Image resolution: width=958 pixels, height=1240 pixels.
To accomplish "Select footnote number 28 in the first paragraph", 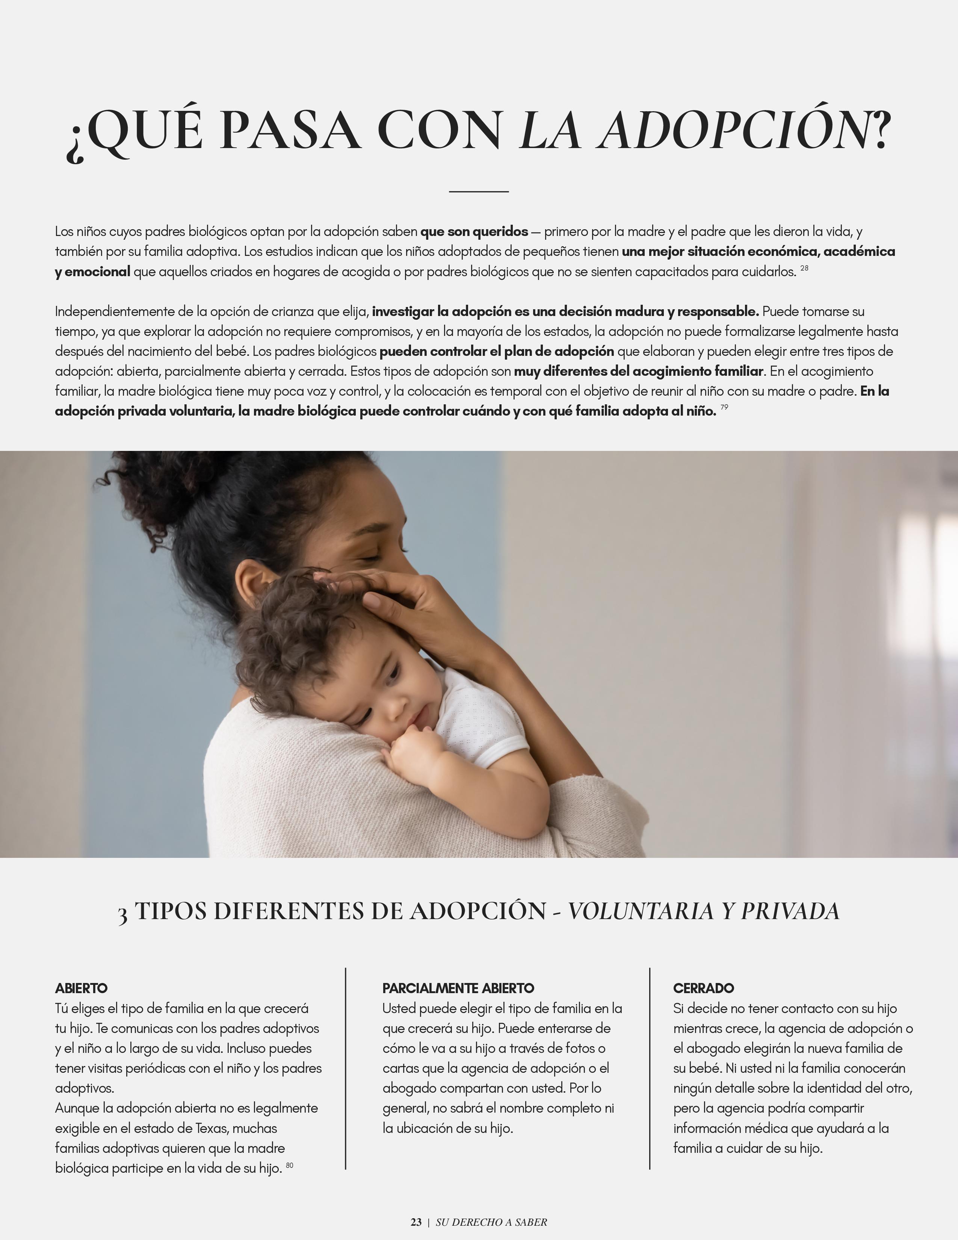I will [x=804, y=268].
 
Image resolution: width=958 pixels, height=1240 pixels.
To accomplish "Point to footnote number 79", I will [x=724, y=407].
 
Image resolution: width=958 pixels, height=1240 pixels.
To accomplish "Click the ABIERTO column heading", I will [x=81, y=988].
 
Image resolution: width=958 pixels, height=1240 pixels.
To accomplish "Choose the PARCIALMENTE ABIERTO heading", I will [x=458, y=988].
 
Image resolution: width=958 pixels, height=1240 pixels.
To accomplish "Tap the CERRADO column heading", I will [x=703, y=988].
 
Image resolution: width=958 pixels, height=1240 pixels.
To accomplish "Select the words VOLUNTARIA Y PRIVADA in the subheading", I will [x=703, y=911].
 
